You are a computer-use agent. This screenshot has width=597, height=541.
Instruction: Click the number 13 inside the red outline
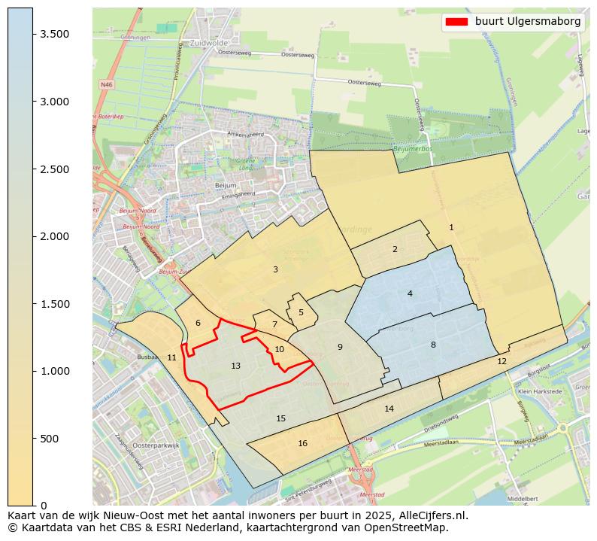[x=235, y=366]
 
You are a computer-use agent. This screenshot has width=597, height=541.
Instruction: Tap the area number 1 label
[x=451, y=227]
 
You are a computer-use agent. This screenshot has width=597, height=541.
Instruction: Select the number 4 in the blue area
[x=410, y=293]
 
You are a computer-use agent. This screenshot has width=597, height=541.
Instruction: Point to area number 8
[x=432, y=345]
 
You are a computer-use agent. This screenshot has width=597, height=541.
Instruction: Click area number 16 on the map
[x=302, y=443]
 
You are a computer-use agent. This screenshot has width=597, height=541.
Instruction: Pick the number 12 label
[x=502, y=361]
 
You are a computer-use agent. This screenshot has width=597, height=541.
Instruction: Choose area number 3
[x=275, y=269]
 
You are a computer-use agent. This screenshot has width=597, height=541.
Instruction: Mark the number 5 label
[x=301, y=312]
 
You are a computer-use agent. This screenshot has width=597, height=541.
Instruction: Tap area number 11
[x=171, y=357]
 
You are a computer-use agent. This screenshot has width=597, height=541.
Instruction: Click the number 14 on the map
[x=389, y=409]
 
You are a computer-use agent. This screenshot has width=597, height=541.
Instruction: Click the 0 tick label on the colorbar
[x=44, y=506]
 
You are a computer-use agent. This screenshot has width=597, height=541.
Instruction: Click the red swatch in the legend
[x=456, y=22]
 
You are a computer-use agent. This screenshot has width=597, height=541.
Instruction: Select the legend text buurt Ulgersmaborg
[x=528, y=22]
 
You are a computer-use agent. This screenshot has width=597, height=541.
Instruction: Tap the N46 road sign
[x=106, y=85]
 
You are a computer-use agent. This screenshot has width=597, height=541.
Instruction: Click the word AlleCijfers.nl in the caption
[x=433, y=516]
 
